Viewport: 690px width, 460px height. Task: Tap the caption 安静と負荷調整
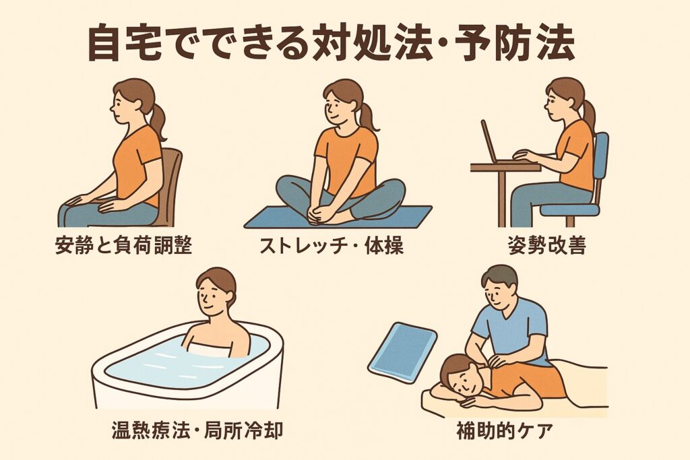click(x=124, y=245)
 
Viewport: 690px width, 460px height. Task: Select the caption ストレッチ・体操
click(x=331, y=245)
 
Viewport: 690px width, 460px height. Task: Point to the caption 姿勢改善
click(x=546, y=245)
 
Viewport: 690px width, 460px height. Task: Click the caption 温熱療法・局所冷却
click(x=197, y=430)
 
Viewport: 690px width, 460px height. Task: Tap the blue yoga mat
click(x=338, y=217)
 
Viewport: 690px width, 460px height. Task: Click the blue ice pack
click(x=402, y=352)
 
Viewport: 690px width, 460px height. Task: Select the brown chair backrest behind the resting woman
click(x=172, y=185)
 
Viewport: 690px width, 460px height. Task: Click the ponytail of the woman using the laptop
click(x=588, y=115)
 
